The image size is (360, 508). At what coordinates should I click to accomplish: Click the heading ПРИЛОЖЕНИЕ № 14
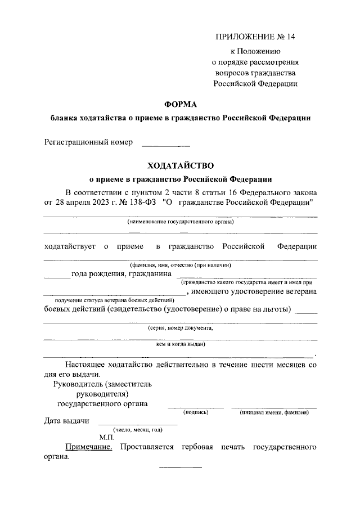click(255, 37)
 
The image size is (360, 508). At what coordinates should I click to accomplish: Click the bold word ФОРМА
click(180, 104)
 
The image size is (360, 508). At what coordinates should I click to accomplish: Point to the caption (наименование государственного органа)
click(181, 222)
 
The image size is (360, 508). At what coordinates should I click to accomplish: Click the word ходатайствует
click(70, 246)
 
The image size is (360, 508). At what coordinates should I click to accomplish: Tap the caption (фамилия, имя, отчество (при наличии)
click(181, 265)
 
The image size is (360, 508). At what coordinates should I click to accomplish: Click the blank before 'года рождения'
click(57, 276)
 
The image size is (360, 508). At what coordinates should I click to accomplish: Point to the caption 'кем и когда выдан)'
click(181, 344)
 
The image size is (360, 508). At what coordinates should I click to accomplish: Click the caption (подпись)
click(196, 412)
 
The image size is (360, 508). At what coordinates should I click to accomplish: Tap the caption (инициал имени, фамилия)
click(274, 412)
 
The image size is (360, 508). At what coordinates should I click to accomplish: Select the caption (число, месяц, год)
click(130, 430)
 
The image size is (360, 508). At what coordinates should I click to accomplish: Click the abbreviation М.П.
click(107, 437)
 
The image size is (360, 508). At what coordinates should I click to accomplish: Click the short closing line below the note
click(181, 467)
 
